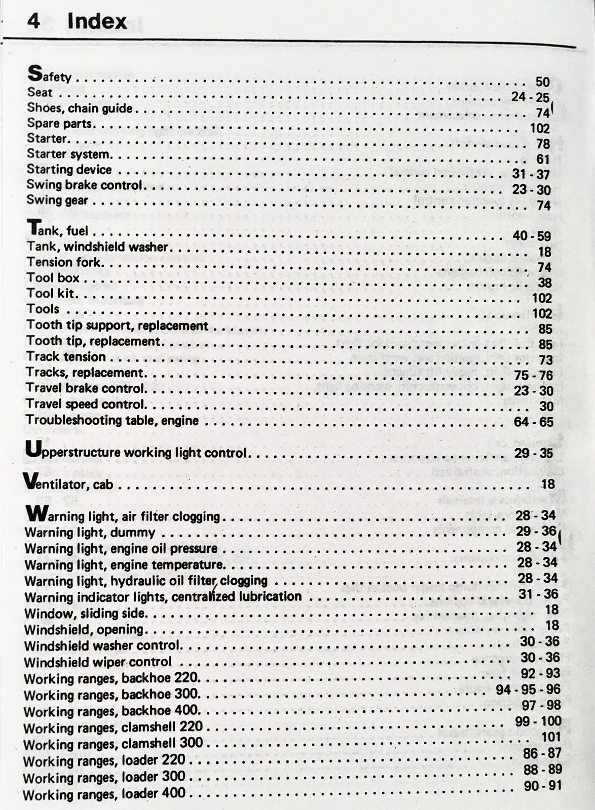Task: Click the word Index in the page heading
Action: pos(96,21)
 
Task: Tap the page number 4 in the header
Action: pos(33,21)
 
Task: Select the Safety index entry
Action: pos(49,75)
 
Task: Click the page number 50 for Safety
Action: pos(542,82)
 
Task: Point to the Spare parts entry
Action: pos(60,124)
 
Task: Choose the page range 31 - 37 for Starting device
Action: pos(531,174)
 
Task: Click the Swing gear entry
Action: pos(57,200)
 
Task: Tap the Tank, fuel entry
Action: pos(57,230)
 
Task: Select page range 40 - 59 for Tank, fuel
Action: pos(532,236)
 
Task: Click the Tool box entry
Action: pos(53,277)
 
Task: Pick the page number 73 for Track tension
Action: pos(545,360)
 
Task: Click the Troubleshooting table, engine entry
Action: pos(112,420)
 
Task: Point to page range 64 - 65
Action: pos(533,422)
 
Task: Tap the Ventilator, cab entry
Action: pos(68,483)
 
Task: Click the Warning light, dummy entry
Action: pos(90,533)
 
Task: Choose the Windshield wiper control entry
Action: pos(98,662)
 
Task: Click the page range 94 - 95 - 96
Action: pos(528,690)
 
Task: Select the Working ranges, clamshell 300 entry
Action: pos(113,744)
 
